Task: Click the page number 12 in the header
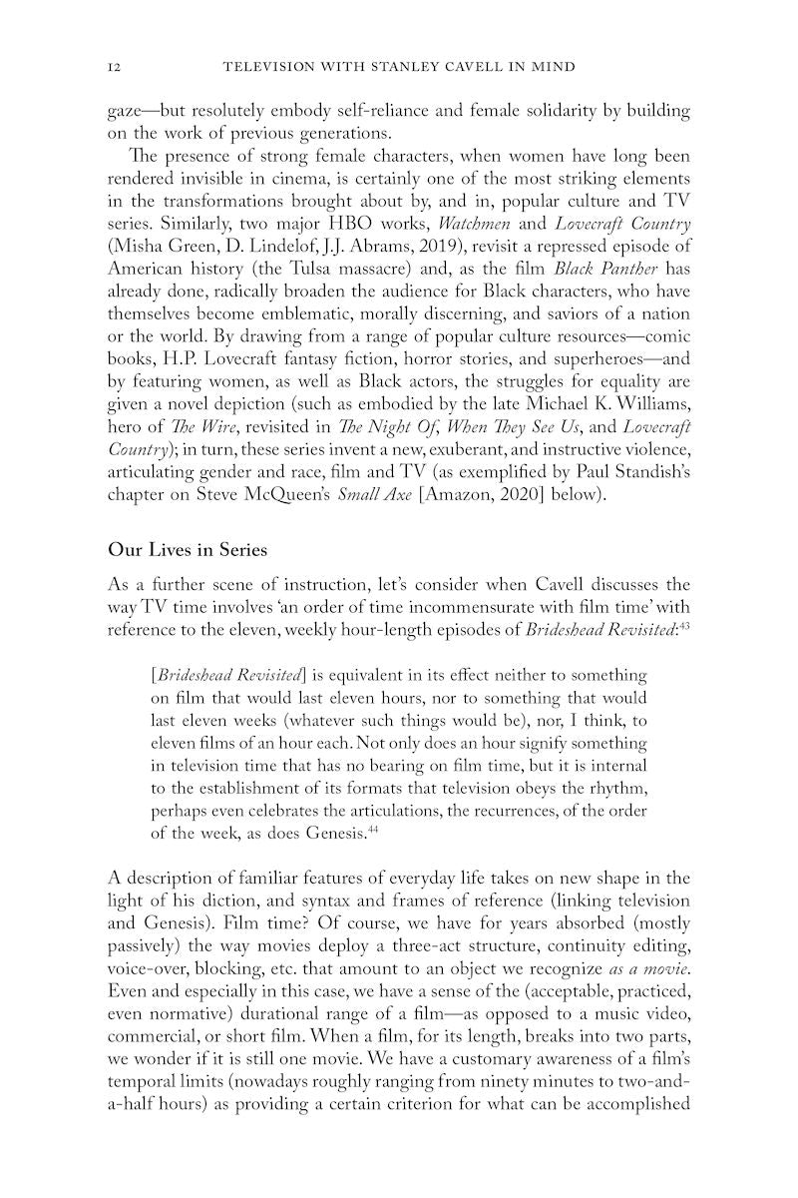[113, 66]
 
